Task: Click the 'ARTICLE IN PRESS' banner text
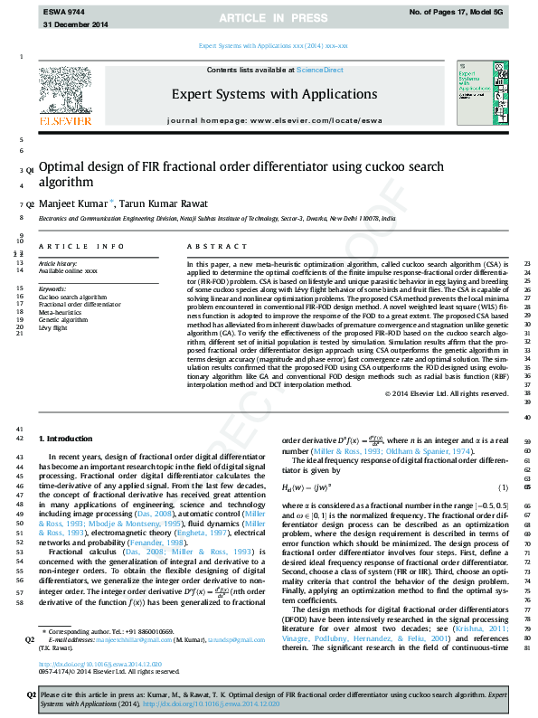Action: coord(269,18)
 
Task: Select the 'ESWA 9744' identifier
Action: coord(61,10)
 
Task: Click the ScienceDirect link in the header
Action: coord(320,70)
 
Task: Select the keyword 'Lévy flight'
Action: coord(56,327)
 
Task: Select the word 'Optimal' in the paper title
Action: coord(63,167)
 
